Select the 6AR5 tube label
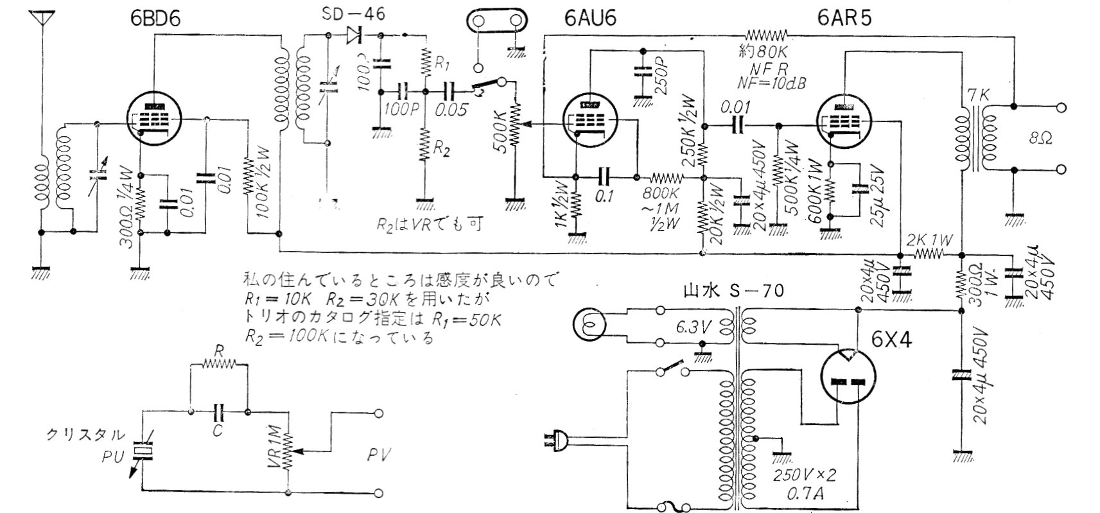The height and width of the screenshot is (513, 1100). pyautogui.click(x=844, y=18)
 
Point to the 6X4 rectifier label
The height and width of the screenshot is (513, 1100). pyautogui.click(x=891, y=339)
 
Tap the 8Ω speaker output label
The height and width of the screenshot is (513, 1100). pyautogui.click(x=1040, y=138)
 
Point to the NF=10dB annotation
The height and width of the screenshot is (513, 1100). pyautogui.click(x=773, y=83)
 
